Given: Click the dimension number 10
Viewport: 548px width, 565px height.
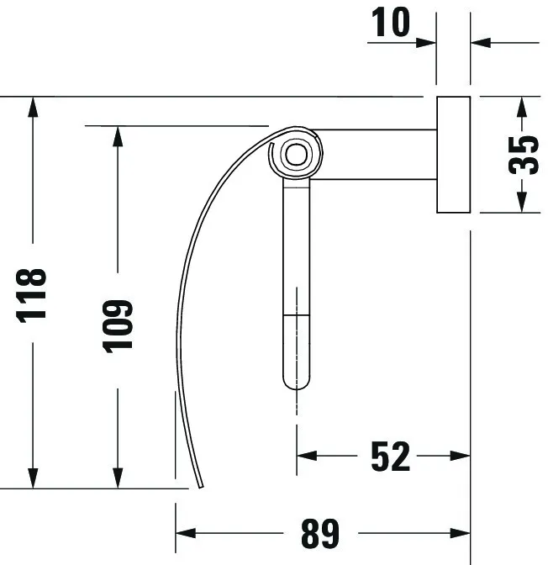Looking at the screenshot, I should pyautogui.click(x=389, y=23).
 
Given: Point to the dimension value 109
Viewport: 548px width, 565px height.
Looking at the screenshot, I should pyautogui.click(x=119, y=325).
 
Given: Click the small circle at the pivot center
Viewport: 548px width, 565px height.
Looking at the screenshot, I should pyautogui.click(x=295, y=154).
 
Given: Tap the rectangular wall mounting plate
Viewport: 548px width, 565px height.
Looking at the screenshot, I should pyautogui.click(x=452, y=154).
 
